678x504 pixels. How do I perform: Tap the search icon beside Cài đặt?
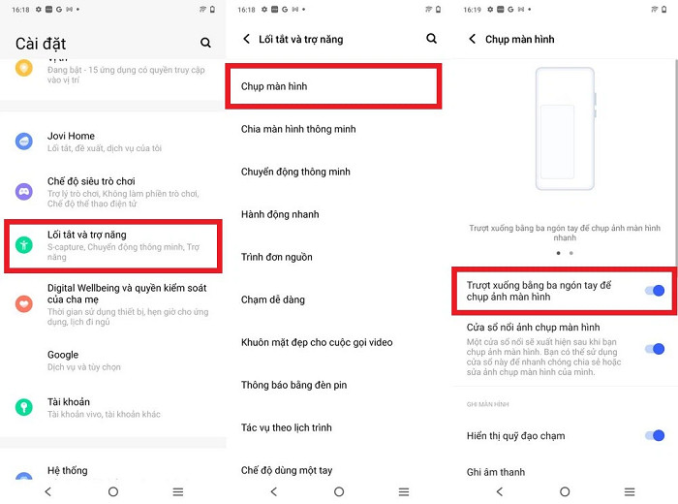[205, 43]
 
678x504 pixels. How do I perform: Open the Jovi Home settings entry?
[72, 136]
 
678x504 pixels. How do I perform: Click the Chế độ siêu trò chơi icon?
[24, 191]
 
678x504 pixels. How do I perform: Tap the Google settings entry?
[63, 355]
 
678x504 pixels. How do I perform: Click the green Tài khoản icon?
[24, 407]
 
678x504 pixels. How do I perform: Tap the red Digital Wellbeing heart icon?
[24, 304]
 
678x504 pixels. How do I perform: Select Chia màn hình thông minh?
[298, 129]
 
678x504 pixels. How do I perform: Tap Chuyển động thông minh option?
[295, 172]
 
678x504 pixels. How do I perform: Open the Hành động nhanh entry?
[280, 214]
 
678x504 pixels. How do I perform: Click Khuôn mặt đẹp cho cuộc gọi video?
[317, 342]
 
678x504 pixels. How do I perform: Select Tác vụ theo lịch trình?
[287, 427]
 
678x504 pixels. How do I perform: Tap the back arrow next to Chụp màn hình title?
[473, 40]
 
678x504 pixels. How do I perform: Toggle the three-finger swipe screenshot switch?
[654, 291]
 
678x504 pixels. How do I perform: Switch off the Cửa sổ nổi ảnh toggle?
[654, 349]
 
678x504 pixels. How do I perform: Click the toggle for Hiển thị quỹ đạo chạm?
[654, 436]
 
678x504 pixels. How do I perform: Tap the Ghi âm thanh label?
[495, 472]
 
